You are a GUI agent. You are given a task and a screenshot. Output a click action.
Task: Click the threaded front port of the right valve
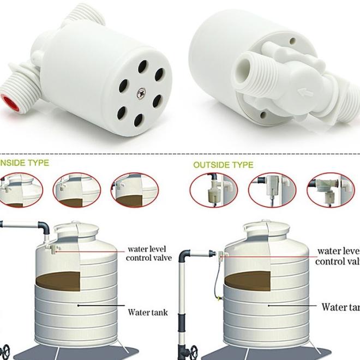[x=252, y=76]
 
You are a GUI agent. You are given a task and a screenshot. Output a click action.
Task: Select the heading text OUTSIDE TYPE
[x=223, y=165]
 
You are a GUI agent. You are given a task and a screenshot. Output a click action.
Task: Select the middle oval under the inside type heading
[x=76, y=190]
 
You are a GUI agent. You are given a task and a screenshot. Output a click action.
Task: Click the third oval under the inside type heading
[x=134, y=190]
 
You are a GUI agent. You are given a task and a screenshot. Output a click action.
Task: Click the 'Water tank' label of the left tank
[x=148, y=313]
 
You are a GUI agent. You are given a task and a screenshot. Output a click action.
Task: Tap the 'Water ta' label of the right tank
[x=340, y=307]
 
